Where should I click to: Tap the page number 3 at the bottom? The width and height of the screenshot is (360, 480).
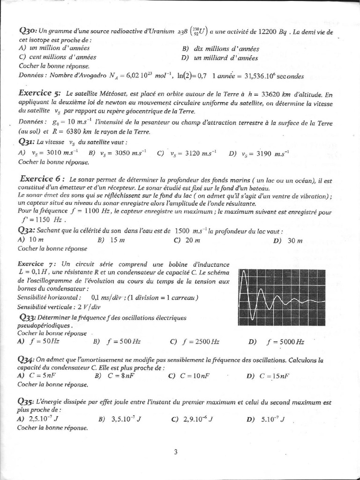[175, 452]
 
